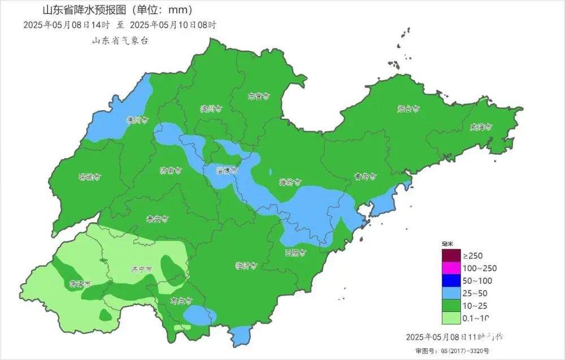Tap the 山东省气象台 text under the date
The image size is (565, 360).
click(x=120, y=41)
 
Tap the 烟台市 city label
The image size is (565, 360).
click(x=408, y=108)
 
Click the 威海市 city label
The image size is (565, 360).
click(x=481, y=127)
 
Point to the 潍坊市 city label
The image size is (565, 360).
click(x=290, y=182)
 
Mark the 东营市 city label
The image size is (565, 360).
click(x=258, y=96)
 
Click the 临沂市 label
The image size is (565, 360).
click(x=246, y=265)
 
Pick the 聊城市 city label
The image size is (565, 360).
click(x=89, y=176)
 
